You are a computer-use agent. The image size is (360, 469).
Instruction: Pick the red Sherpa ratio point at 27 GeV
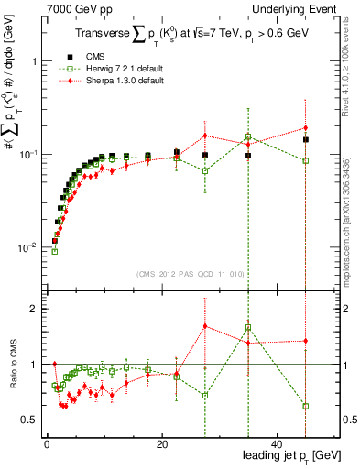coord(206,326)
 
